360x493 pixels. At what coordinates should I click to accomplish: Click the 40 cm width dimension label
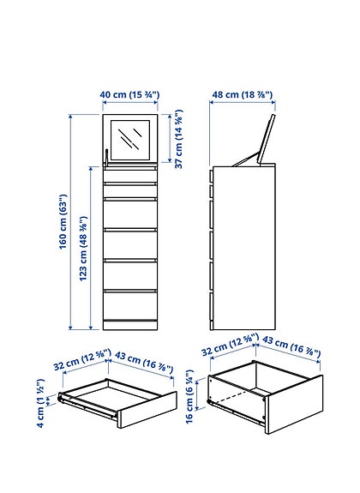pos(131,94)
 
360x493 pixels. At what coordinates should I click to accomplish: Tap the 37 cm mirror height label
pos(179,139)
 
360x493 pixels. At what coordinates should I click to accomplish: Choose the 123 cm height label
pos(83,249)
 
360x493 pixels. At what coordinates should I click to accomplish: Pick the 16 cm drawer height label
pos(190,400)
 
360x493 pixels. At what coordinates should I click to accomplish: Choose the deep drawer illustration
pos(261,400)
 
